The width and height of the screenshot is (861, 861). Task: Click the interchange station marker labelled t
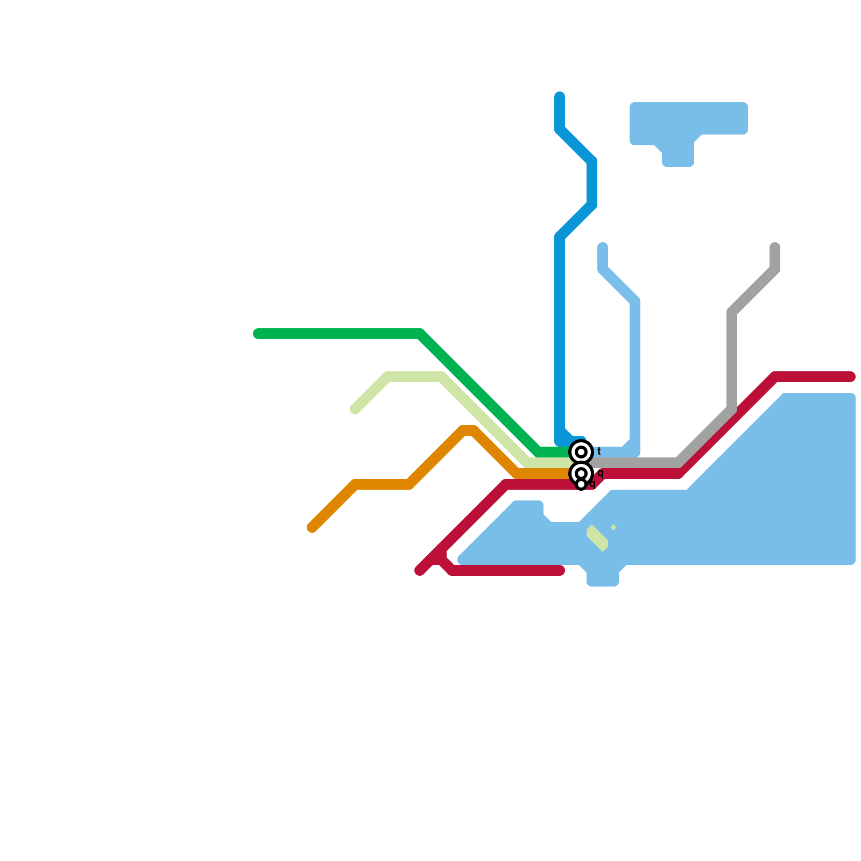[581, 452]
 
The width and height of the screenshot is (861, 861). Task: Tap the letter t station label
[599, 451]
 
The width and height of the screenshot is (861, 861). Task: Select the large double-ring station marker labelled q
[581, 474]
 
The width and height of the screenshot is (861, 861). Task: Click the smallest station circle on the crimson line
[581, 484]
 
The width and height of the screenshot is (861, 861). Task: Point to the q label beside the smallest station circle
[593, 483]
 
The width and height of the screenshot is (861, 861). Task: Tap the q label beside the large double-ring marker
[601, 473]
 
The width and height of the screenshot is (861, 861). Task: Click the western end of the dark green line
[258, 334]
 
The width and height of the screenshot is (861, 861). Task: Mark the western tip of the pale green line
[355, 410]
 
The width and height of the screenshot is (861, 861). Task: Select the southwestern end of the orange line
[312, 527]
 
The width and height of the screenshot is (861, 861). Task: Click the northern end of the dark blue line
[560, 97]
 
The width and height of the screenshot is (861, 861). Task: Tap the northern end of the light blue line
[603, 248]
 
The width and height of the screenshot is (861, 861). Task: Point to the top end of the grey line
[775, 248]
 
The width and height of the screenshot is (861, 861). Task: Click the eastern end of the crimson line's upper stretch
[851, 377]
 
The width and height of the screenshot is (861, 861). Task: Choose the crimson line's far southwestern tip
[420, 570]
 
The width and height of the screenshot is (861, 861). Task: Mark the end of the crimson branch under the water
[560, 570]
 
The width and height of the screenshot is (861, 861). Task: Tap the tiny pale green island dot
[613, 527]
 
